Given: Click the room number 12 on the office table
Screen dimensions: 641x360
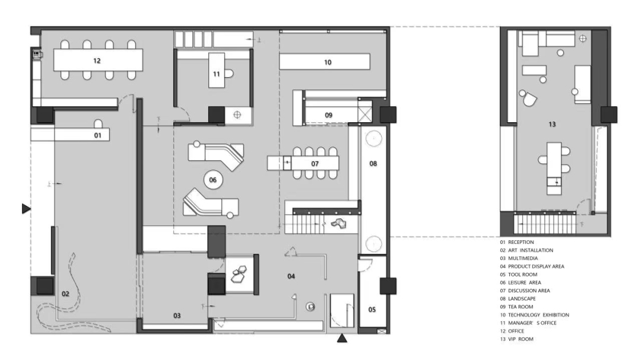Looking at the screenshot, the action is click(x=97, y=61).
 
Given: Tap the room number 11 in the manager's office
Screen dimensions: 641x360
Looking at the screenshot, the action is click(x=216, y=74).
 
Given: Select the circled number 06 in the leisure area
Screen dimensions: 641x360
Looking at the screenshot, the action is click(x=213, y=180).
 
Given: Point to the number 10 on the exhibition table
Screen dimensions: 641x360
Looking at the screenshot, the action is click(x=328, y=62).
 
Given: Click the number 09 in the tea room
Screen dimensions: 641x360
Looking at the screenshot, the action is click(x=329, y=115).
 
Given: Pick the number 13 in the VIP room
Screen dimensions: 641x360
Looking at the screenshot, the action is click(x=552, y=124).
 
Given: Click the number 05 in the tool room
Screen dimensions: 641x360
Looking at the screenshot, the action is click(x=372, y=310).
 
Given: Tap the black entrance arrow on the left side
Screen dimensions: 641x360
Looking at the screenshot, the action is click(x=26, y=209).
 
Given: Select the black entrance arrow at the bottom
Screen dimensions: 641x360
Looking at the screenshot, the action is click(x=342, y=338).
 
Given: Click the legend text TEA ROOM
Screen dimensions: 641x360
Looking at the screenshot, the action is click(x=521, y=307).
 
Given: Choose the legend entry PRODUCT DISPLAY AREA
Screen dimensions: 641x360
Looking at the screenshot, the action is click(x=536, y=266).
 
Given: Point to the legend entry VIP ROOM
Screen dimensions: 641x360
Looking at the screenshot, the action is click(x=521, y=339).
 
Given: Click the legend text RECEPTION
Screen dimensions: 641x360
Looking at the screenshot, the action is click(x=521, y=243).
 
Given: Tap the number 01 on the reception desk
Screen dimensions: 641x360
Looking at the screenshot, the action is click(x=98, y=135).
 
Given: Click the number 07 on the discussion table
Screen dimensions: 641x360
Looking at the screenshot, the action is click(x=315, y=164).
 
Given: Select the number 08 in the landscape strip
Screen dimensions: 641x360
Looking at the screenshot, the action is click(x=373, y=164).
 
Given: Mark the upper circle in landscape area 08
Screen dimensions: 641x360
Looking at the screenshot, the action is click(x=374, y=139).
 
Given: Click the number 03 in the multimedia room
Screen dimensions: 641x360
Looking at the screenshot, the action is click(x=177, y=316).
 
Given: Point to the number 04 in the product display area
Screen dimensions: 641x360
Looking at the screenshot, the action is click(x=291, y=276).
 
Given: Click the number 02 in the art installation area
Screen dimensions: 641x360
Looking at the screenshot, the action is click(x=65, y=294).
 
